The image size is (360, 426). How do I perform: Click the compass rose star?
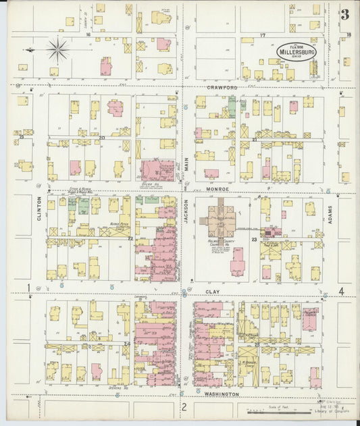click(58, 49)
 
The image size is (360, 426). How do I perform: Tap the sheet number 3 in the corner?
click(344, 14)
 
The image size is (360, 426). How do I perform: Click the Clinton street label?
click(40, 209)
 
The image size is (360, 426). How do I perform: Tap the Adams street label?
click(330, 215)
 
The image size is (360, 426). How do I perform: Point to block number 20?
click(101, 138)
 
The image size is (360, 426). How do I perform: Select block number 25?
click(257, 345)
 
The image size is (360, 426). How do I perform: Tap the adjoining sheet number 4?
click(342, 291)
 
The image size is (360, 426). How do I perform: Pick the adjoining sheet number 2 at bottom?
click(183, 406)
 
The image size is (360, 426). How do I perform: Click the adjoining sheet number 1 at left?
click(28, 289)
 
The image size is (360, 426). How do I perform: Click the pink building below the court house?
click(236, 261)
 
